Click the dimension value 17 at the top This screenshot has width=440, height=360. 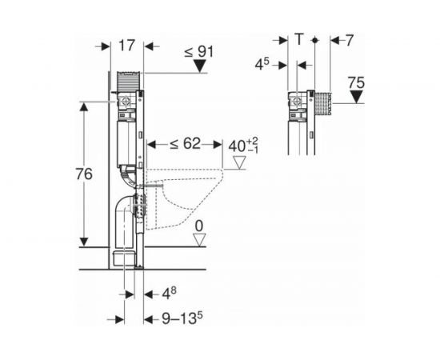127,46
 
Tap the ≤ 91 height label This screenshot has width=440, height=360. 198,52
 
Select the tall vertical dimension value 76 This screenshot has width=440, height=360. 84,174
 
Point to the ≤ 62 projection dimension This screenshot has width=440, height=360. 186,144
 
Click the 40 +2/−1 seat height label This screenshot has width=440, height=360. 243,146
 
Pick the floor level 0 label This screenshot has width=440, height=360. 199,226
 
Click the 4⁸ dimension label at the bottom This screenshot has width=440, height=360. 170,294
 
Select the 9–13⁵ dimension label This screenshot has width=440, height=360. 182,318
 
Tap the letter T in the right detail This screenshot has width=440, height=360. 300,39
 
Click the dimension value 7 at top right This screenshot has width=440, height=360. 349,41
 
